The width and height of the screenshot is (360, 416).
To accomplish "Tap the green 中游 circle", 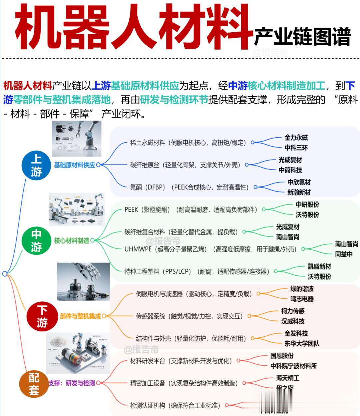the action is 36,240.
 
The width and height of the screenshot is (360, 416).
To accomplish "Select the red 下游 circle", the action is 42,316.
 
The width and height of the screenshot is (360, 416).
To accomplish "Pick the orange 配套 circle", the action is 34,384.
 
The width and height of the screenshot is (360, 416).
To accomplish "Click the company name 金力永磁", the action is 296,137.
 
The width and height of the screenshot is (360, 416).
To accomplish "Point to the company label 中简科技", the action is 290,170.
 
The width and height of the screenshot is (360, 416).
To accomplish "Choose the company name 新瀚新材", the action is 299,192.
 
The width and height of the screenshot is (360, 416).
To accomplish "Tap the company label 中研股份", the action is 307,204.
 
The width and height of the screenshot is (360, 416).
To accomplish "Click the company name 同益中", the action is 344,254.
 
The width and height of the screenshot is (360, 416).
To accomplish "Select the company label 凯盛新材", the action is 319,266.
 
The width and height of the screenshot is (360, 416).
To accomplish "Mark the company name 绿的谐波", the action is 302,289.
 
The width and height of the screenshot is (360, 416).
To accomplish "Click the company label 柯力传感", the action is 293,311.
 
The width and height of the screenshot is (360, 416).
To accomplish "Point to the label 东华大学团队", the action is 302,343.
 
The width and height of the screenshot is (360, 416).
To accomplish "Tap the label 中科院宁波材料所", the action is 293,366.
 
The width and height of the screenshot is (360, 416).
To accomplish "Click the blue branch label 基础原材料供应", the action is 74,165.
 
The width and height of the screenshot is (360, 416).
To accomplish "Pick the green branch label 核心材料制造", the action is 72,240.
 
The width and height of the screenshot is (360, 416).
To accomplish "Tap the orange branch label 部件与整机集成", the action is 80,316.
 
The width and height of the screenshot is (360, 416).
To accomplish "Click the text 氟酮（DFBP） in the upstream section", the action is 148,187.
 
